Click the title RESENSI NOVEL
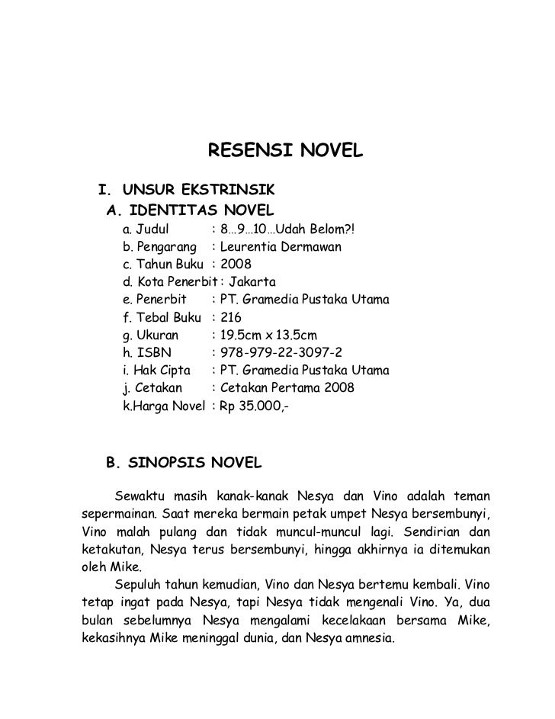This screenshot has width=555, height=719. point(286,152)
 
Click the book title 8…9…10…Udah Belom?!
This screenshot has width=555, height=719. point(287,229)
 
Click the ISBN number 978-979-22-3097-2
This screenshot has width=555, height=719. point(281,353)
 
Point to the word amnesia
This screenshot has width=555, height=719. point(371,638)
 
